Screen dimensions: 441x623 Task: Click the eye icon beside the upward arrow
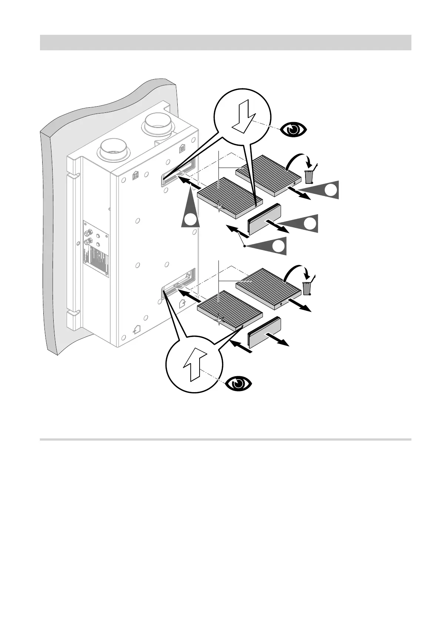click(239, 383)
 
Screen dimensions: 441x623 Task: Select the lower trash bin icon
click(307, 287)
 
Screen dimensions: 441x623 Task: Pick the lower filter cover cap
click(264, 332)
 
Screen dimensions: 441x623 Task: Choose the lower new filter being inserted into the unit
click(230, 310)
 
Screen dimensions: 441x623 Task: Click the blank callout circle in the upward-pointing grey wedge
click(190, 221)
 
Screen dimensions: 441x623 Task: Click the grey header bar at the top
click(225, 43)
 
